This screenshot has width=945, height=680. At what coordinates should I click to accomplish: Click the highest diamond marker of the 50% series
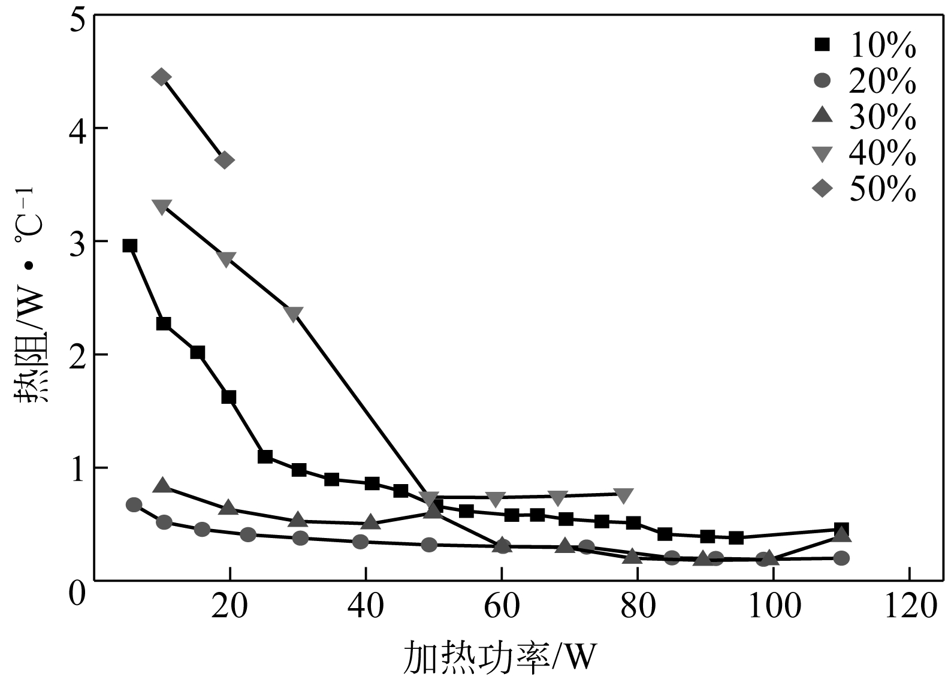pos(162,77)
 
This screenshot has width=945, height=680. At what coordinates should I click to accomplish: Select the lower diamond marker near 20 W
pos(224,160)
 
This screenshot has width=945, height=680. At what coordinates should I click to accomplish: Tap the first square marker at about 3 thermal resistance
pos(130,246)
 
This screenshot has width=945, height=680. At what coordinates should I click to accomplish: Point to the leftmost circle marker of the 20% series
pos(134,504)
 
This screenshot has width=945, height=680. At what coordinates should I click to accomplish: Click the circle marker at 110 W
pos(841,558)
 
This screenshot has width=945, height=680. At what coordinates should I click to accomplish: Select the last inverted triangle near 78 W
pos(623,495)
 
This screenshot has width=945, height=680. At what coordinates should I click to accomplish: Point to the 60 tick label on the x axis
pos(502,607)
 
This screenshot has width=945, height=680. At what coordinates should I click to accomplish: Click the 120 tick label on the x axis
pos(908,607)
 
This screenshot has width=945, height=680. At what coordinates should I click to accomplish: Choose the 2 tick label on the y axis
pos(78,355)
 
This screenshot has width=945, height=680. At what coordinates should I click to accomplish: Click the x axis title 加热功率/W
pos(500,658)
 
